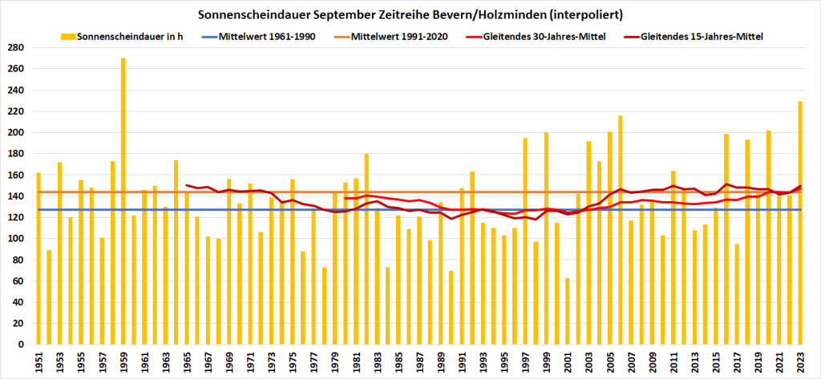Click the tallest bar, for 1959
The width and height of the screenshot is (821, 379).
tap(123, 200)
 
